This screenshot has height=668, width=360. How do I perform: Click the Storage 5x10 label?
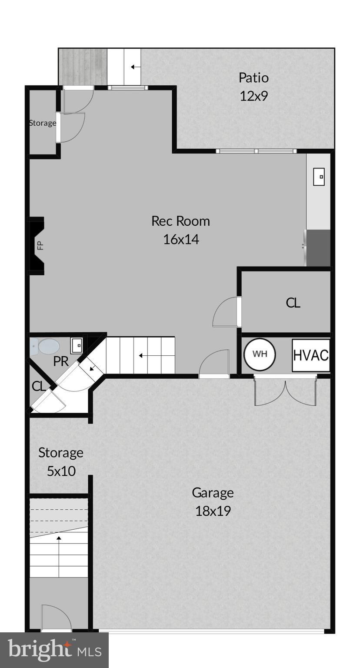coord(60,461)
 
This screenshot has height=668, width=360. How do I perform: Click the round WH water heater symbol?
coord(260,354)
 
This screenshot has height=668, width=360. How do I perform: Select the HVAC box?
coord(310,355)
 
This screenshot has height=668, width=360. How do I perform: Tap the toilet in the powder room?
coord(46,347)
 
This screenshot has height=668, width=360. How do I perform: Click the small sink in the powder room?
coord(77,345)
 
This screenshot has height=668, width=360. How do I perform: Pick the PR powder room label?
coord(61,361)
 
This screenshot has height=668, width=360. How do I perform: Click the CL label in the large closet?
coord(293,303)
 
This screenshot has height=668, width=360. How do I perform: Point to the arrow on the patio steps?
coord(135,67)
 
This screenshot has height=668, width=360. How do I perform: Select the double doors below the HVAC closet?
coord(285,391)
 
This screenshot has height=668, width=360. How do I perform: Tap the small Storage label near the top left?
coord(43,123)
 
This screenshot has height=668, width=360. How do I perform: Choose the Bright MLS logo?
coord(54,650)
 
